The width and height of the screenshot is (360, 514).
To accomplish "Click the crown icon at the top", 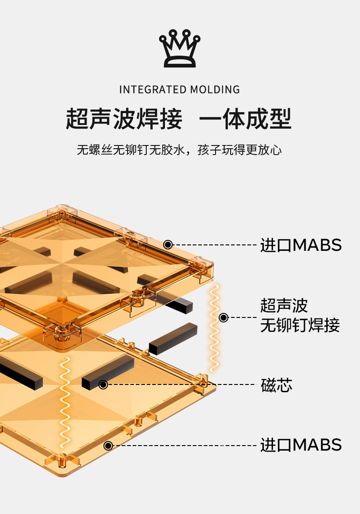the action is pos(180,49).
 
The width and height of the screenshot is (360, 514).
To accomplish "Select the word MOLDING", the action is pos(215,89).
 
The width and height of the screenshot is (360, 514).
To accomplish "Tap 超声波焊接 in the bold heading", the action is pos(124,119).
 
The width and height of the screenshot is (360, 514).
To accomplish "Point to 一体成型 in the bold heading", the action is pos(245,119).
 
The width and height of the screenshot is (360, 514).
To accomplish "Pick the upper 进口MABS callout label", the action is pos(301,245).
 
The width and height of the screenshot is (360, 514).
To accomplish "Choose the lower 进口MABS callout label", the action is pos(301,445).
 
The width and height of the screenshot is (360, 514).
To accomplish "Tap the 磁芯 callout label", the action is pos(277,385).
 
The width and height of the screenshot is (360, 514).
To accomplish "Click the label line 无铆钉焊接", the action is pos(300,326).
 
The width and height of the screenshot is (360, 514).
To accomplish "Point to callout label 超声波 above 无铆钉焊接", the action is pos(284,305).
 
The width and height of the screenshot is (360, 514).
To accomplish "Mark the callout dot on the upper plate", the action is pos(168,245).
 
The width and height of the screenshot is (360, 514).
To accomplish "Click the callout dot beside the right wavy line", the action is pos(223,317).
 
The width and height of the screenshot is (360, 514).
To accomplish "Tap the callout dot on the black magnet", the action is pos(103,384).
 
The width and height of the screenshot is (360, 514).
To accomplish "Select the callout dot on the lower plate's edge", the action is pos(108,445).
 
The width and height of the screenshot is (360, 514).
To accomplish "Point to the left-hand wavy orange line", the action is pos(66,404).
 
